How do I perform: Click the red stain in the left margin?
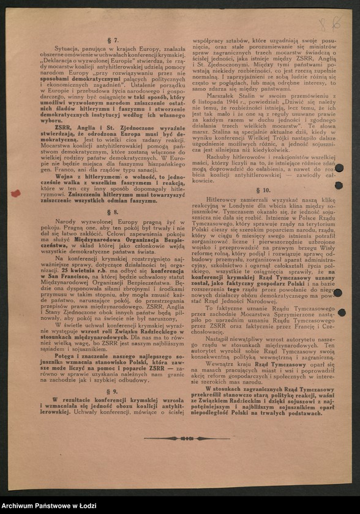(x=16, y=193)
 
